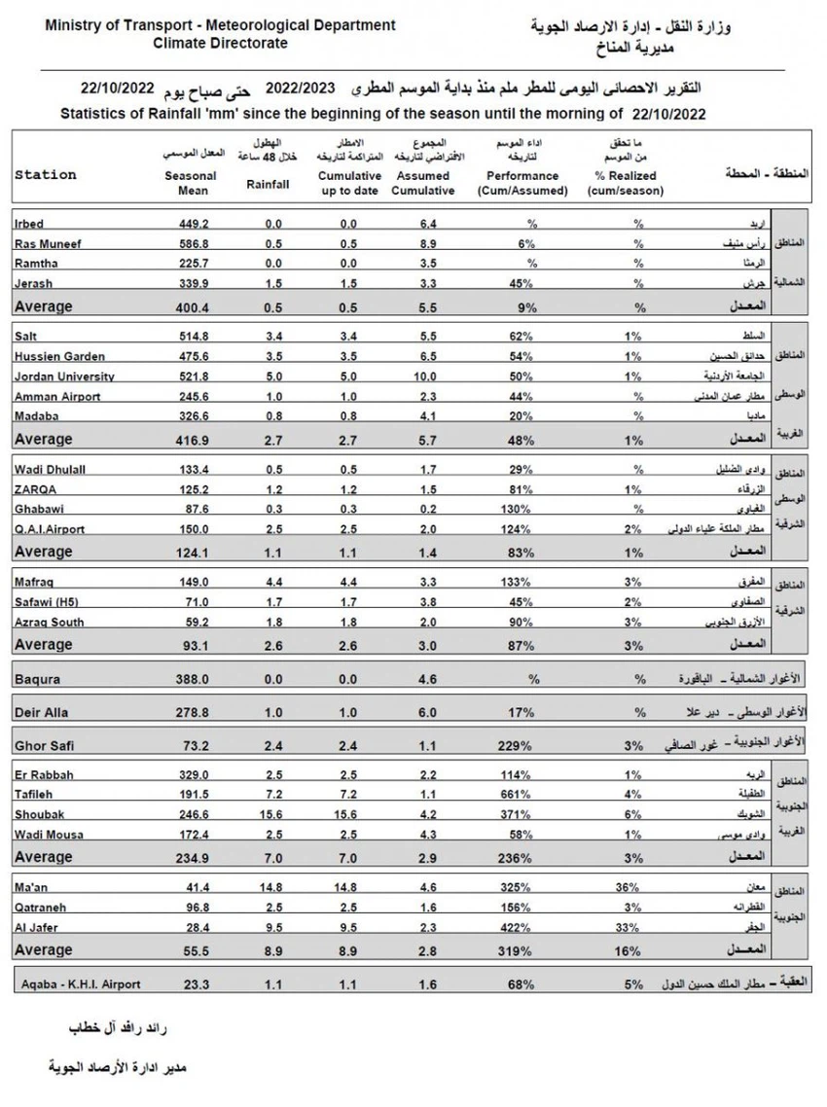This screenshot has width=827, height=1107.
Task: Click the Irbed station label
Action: coord(30,224)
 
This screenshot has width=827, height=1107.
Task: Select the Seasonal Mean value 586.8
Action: coord(194,243)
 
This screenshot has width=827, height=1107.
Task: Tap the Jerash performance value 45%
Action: coord(521,283)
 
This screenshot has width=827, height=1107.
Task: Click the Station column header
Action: coord(46,175)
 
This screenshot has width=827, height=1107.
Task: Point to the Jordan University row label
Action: coord(65,376)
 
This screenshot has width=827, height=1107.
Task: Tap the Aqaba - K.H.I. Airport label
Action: coord(81,983)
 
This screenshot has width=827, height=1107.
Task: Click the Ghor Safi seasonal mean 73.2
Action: coord(194,746)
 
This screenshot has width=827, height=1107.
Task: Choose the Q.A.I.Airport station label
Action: coord(50,528)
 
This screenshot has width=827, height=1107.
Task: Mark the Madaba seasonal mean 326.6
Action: coord(194,415)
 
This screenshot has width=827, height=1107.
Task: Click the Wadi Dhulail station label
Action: coord(51,469)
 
